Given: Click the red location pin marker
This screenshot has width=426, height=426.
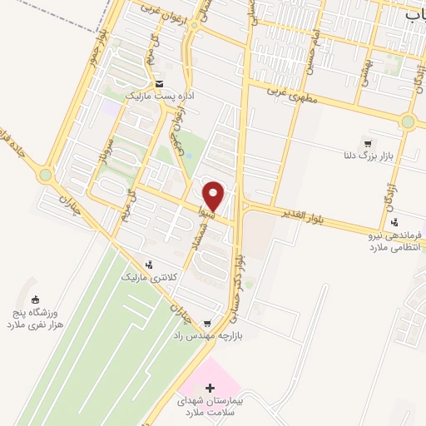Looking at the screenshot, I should [x=214, y=196].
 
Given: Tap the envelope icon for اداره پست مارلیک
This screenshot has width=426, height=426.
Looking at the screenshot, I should [x=158, y=83].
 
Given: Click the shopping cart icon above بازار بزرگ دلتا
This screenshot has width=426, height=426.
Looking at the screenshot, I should [x=367, y=142].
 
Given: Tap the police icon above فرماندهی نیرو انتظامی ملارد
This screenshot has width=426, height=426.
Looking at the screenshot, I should [x=394, y=221].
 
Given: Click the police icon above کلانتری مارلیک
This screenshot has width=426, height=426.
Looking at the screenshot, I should [x=149, y=264].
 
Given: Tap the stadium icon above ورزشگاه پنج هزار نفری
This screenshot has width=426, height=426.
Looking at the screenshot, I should [x=35, y=300].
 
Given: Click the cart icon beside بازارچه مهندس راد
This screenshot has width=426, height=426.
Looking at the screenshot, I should [x=207, y=324].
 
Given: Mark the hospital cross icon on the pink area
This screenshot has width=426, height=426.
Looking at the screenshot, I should [x=210, y=388].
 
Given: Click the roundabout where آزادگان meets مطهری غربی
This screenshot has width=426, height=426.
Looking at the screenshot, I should [x=407, y=121].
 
